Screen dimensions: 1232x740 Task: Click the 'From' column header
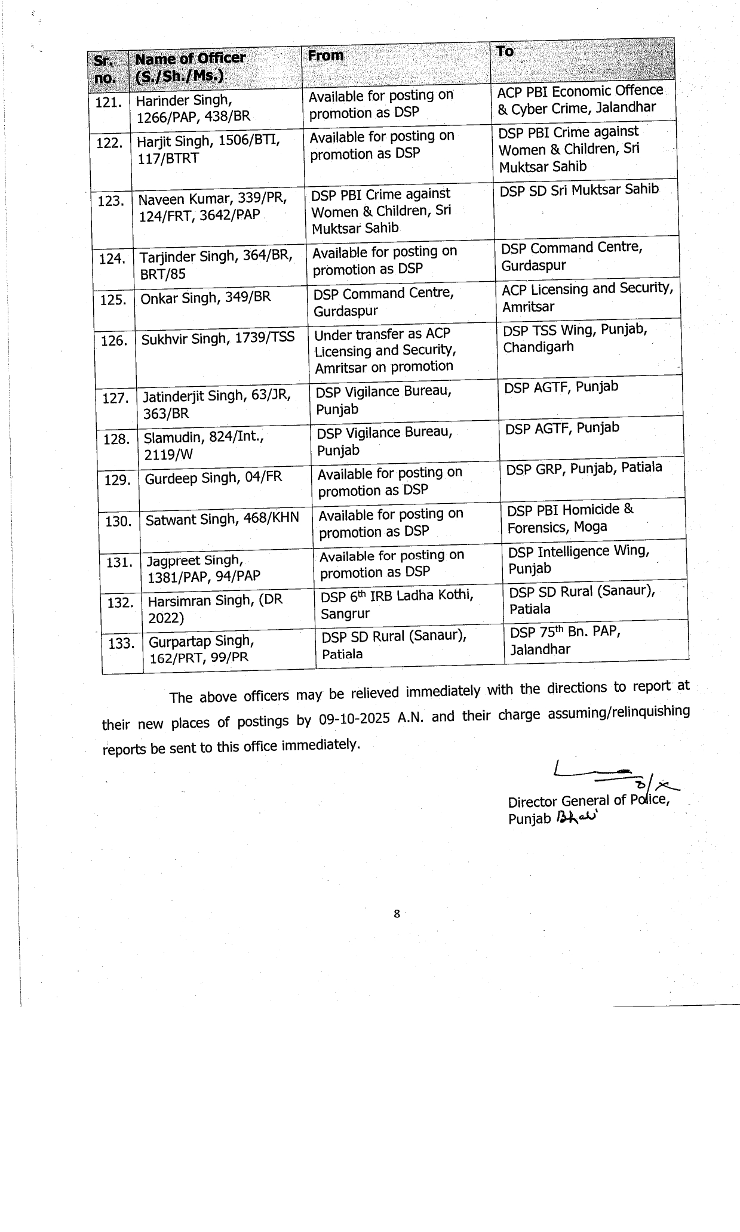326,56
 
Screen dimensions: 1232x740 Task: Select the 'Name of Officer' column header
191,67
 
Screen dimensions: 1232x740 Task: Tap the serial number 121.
109,103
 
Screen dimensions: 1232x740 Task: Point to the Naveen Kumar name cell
213,207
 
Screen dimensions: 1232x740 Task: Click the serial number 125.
113,300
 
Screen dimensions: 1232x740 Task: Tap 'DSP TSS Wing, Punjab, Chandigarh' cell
575,338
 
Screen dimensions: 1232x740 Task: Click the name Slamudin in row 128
171,438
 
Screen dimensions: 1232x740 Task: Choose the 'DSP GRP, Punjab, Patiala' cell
584,468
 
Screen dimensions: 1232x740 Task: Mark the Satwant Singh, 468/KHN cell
222,519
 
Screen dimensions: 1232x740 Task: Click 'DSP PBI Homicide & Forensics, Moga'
570,518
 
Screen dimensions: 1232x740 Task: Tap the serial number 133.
121,643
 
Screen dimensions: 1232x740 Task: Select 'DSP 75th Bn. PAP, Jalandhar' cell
565,640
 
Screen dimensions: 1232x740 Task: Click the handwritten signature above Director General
615,776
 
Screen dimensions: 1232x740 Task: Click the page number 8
397,913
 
